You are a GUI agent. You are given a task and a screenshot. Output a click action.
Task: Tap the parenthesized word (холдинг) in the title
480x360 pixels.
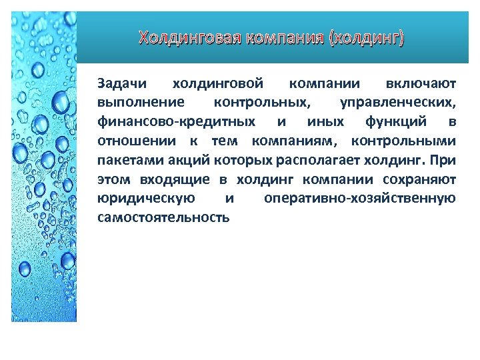(365, 38)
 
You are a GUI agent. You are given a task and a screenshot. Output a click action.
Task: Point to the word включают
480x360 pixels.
(421, 84)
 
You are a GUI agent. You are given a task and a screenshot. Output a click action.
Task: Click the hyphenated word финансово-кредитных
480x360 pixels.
(176, 122)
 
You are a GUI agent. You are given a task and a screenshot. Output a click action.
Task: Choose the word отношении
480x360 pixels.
(137, 141)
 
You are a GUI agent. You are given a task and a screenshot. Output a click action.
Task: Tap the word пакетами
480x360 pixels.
(125, 161)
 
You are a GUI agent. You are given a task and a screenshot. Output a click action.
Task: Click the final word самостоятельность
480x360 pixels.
(163, 218)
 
